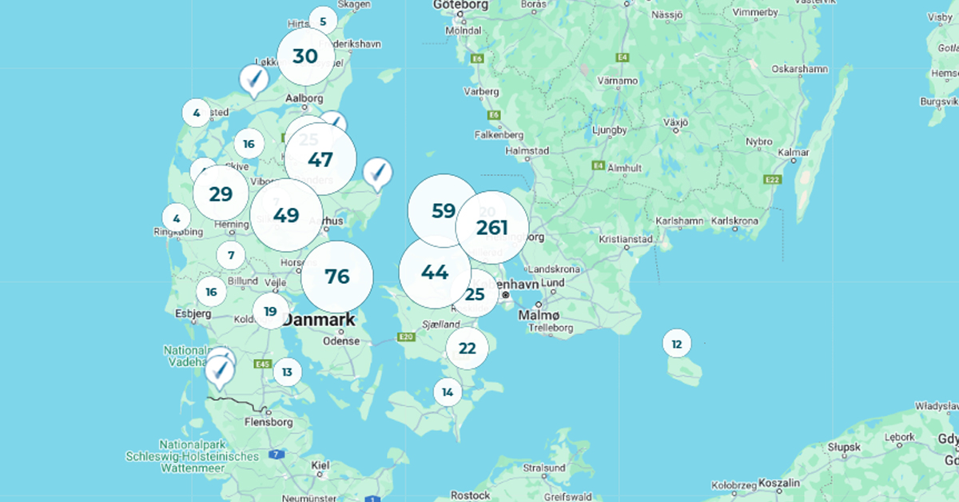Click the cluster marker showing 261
(492, 227)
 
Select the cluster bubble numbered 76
(337, 277)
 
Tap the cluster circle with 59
(443, 211)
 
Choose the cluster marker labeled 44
(435, 273)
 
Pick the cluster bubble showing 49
(286, 215)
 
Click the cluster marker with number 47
(320, 159)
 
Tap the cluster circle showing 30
(305, 57)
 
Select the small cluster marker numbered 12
(677, 345)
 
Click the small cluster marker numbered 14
(448, 392)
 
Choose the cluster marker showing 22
(468, 349)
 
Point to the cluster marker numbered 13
(287, 372)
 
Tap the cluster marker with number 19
(270, 312)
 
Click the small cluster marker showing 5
(323, 22)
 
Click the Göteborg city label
(460, 6)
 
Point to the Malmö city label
(535, 316)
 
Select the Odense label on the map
(342, 341)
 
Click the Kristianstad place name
(626, 239)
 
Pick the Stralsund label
(544, 468)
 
